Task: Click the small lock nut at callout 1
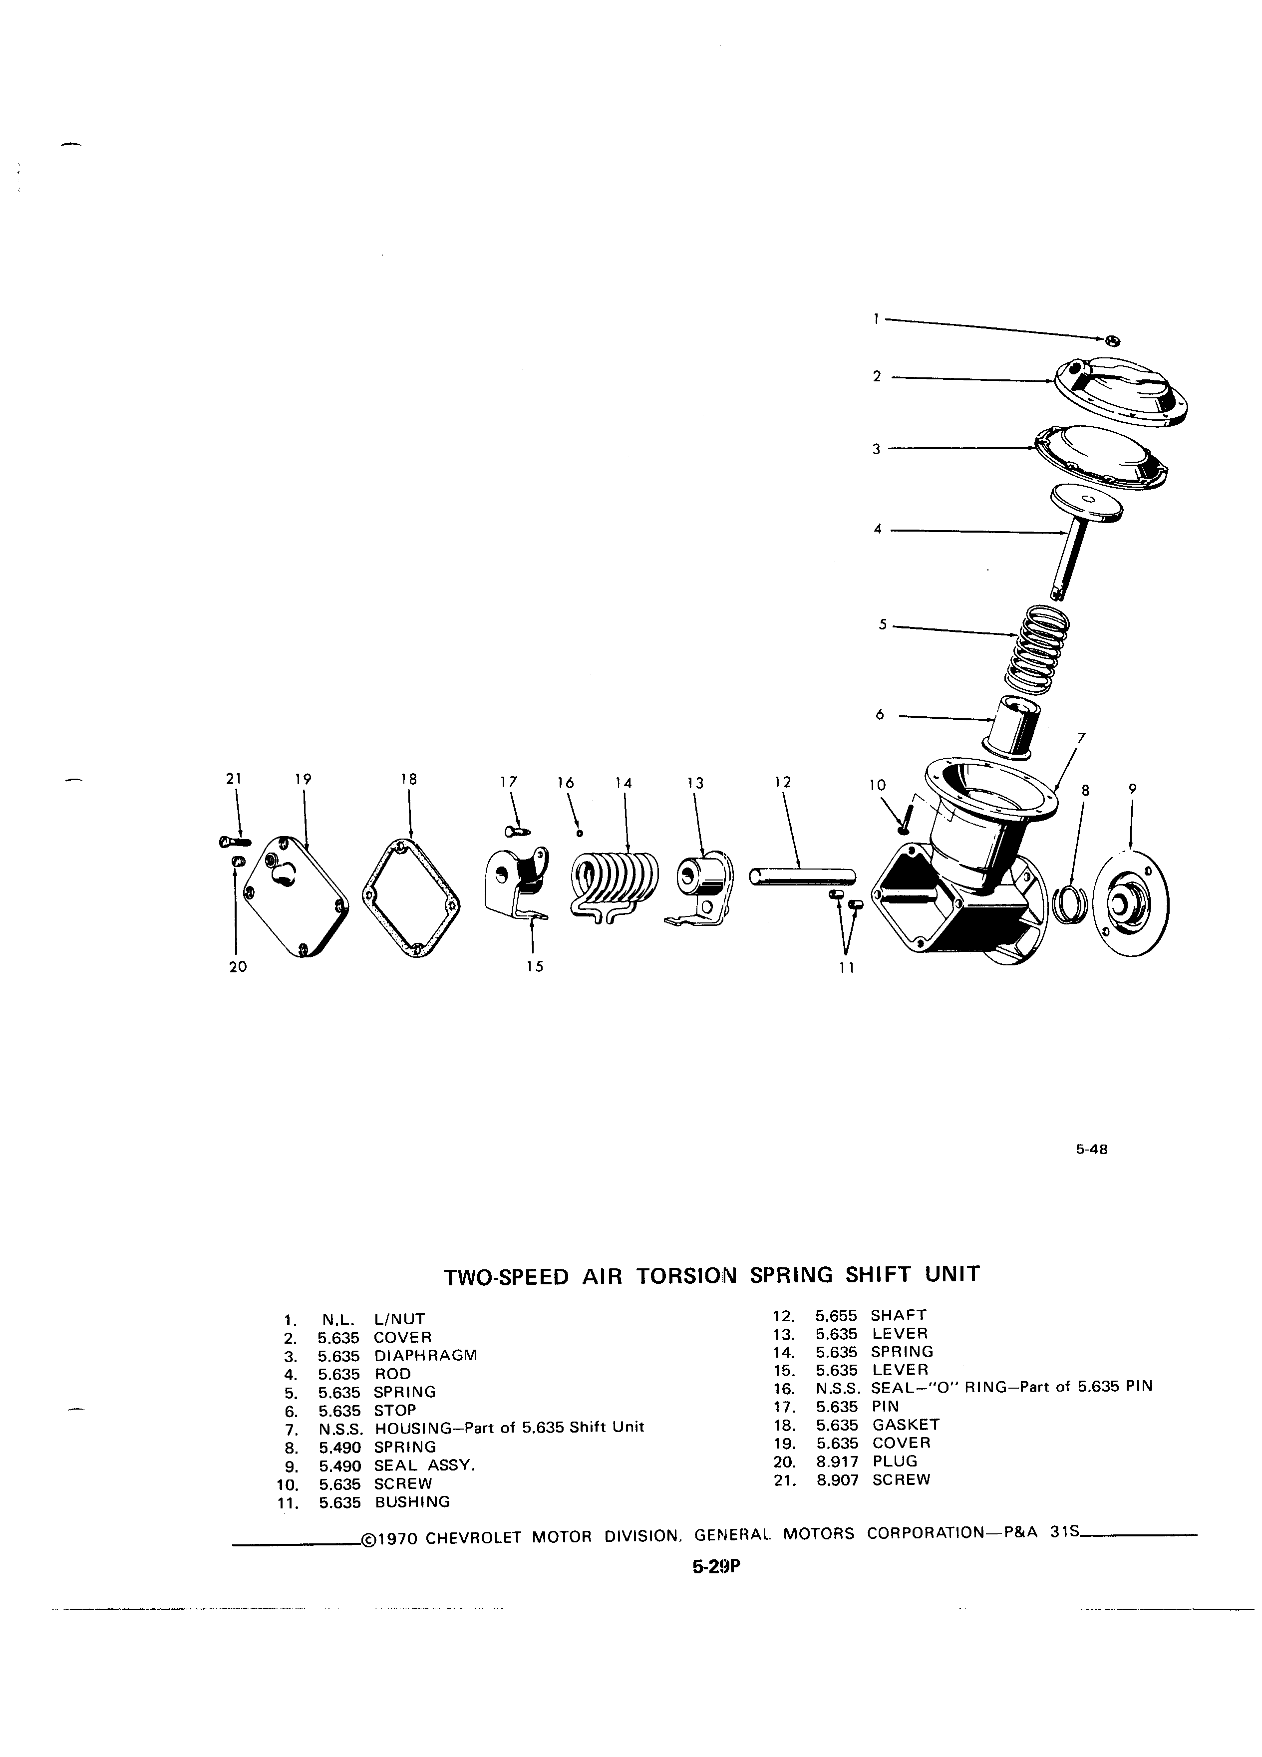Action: click(x=1112, y=341)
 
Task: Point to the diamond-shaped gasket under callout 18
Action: click(x=409, y=898)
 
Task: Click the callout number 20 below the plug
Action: click(x=238, y=966)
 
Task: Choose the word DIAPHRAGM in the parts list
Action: click(x=425, y=1355)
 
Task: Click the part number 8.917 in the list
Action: click(x=834, y=1461)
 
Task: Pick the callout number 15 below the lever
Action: click(x=534, y=966)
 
